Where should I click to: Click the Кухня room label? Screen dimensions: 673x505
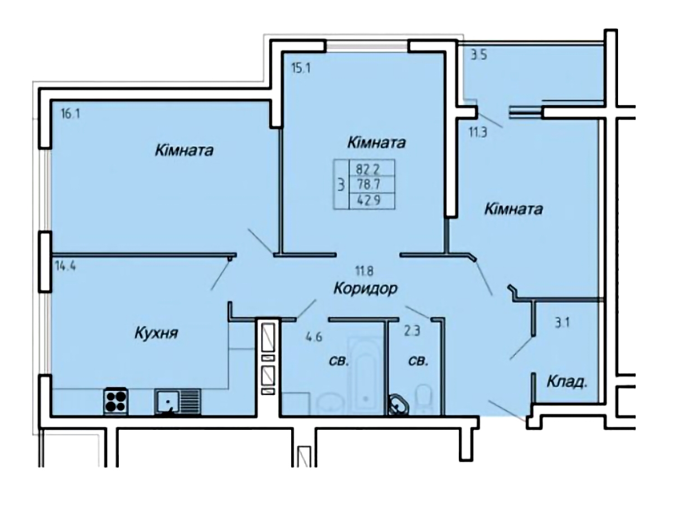156,333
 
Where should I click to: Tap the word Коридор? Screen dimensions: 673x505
366,288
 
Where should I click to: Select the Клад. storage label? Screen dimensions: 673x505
567,382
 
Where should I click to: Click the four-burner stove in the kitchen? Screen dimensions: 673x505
116,401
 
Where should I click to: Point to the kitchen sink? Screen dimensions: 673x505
178,401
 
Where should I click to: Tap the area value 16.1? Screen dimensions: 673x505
71,114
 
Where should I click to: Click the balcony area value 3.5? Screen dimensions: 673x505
479,56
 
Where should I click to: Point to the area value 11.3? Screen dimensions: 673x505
478,133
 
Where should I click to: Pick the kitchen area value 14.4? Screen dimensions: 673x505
66,266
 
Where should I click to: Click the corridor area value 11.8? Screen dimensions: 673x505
364,271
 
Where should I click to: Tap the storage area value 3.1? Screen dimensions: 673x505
563,323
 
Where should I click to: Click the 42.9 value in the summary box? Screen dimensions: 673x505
372,200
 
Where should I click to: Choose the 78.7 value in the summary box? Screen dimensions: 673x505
372,184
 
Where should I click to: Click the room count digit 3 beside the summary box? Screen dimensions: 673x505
341,186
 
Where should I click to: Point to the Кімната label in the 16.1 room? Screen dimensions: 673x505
185,151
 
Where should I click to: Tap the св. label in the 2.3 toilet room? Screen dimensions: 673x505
418,362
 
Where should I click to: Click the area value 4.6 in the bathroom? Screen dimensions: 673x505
314,337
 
